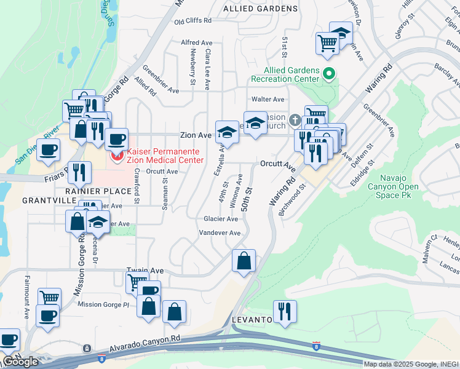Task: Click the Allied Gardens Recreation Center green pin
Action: (x=329, y=74)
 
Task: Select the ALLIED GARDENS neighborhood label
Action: (x=260, y=9)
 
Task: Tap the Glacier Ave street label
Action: (x=221, y=219)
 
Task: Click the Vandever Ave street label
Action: (x=220, y=233)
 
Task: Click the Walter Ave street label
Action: (x=268, y=99)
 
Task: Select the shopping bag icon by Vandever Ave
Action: (x=244, y=260)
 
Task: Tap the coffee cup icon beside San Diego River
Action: (x=49, y=149)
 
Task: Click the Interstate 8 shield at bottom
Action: (x=317, y=346)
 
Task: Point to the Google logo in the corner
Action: (x=21, y=362)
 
